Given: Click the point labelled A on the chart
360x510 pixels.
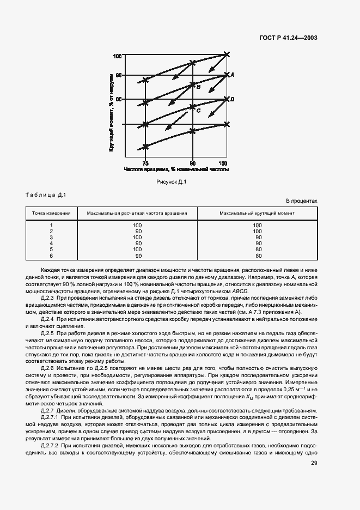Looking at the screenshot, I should (x=233, y=75).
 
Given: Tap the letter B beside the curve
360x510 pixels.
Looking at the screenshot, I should (x=199, y=87).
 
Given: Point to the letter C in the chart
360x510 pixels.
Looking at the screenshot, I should (x=198, y=111).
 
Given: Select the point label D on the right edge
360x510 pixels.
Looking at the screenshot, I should (x=233, y=99).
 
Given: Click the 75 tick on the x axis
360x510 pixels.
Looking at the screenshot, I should (x=145, y=163).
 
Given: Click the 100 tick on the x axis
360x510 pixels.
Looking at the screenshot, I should (x=223, y=163).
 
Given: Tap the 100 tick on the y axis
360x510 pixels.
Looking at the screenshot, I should (x=117, y=56).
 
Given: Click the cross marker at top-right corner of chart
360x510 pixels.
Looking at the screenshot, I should (x=227, y=54).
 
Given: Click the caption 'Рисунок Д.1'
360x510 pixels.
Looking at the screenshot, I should (x=172, y=182).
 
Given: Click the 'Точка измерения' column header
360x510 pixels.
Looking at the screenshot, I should (x=51, y=213).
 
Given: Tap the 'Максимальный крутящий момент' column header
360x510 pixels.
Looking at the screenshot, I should (x=257, y=213).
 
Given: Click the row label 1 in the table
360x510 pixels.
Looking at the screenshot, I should (x=51, y=225).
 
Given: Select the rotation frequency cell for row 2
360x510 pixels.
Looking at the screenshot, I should (x=138, y=231).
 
